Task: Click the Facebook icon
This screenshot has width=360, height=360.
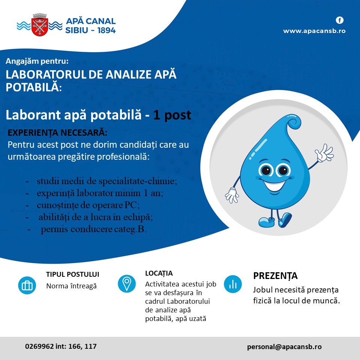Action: [x=340, y=20]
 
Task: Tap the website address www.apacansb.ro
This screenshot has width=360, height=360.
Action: [x=314, y=31]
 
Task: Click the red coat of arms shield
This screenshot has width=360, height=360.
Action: [x=40, y=27]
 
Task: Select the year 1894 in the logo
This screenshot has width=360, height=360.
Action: [x=106, y=30]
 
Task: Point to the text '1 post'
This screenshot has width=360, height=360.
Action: [x=172, y=115]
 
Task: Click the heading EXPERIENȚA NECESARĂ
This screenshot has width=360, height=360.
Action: [x=57, y=133]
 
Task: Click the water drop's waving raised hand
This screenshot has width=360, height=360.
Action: [x=324, y=153]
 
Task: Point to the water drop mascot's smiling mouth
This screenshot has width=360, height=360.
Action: [x=275, y=186]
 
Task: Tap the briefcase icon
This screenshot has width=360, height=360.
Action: [x=27, y=285]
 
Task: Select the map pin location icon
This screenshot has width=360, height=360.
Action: [x=127, y=283]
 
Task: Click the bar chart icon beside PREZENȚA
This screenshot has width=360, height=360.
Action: [x=233, y=284]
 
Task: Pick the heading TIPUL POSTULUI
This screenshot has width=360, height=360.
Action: [x=72, y=274]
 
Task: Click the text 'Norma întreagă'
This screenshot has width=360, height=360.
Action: [x=71, y=286]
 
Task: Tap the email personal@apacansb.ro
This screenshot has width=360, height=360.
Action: [x=284, y=346]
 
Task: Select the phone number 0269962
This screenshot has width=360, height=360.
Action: [x=39, y=346]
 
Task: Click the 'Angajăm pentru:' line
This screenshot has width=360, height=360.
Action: [x=37, y=61]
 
